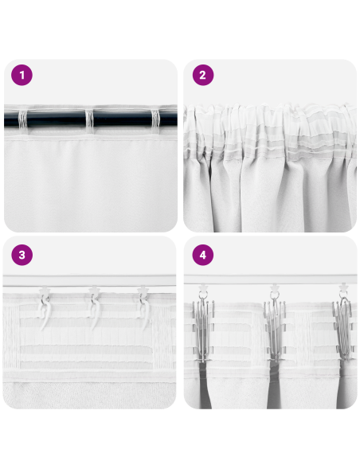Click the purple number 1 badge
22,76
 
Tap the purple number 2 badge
202,76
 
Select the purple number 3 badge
22,255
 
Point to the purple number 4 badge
202,255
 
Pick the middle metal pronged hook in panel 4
273,326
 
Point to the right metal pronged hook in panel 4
343,326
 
